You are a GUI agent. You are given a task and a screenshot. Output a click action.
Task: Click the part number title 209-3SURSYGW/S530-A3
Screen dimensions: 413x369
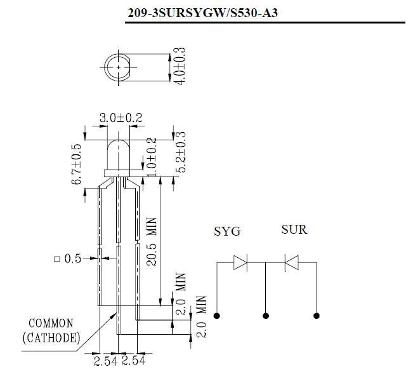[202, 13]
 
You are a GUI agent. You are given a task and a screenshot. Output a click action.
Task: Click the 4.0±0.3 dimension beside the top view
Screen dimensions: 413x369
[180, 66]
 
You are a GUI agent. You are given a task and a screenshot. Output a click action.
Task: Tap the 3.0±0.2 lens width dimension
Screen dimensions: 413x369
[121, 117]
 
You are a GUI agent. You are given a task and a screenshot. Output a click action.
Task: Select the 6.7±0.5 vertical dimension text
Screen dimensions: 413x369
[76, 164]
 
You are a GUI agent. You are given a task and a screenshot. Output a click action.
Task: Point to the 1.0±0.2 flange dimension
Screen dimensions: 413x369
[152, 157]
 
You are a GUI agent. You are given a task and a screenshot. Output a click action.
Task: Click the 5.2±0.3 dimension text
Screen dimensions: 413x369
[181, 152]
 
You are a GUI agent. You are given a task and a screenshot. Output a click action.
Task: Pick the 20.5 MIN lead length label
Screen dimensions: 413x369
[152, 241]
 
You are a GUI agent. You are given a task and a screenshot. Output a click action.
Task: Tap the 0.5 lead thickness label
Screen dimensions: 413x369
[73, 258]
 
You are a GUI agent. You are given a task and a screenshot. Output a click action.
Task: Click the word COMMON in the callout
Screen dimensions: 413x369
[51, 323]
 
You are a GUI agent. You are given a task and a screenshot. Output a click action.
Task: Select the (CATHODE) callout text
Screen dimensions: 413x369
[51, 338]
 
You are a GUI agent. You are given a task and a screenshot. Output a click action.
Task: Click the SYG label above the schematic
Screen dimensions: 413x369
[227, 231]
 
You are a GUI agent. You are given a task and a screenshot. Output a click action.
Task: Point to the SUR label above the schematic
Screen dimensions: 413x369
[294, 229]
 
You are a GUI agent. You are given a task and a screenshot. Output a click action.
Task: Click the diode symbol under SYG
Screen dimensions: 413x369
[240, 262]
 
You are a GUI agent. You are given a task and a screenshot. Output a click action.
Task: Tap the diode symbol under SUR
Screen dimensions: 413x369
[292, 262]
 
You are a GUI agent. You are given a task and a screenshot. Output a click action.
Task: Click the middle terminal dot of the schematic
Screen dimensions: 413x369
[266, 316]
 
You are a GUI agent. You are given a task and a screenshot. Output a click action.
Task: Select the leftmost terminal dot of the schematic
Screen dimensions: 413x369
[217, 316]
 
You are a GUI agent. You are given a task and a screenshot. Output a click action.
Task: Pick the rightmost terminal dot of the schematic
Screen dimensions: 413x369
[317, 316]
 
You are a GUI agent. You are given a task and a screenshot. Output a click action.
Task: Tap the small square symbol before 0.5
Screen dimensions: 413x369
[57, 259]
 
